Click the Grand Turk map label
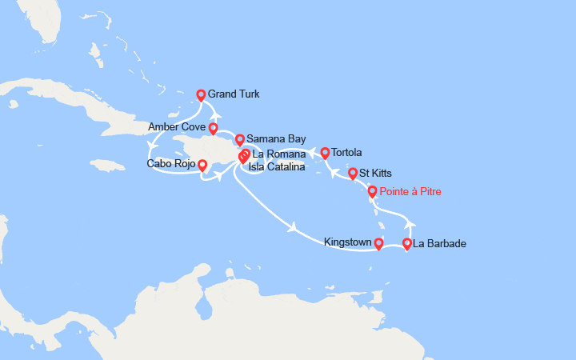(233, 94)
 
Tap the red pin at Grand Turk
(202, 95)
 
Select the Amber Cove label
(176, 127)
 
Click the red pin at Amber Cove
(214, 128)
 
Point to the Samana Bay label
(270, 139)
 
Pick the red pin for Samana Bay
(239, 140)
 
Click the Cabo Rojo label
(170, 165)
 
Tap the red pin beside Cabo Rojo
(202, 166)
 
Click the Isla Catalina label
(276, 166)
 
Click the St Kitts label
(375, 172)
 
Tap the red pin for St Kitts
(353, 173)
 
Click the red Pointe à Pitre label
(410, 191)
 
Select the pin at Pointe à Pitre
(372, 191)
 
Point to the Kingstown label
(347, 241)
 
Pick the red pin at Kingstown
(378, 244)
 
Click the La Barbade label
(439, 243)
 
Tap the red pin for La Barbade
(407, 244)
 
